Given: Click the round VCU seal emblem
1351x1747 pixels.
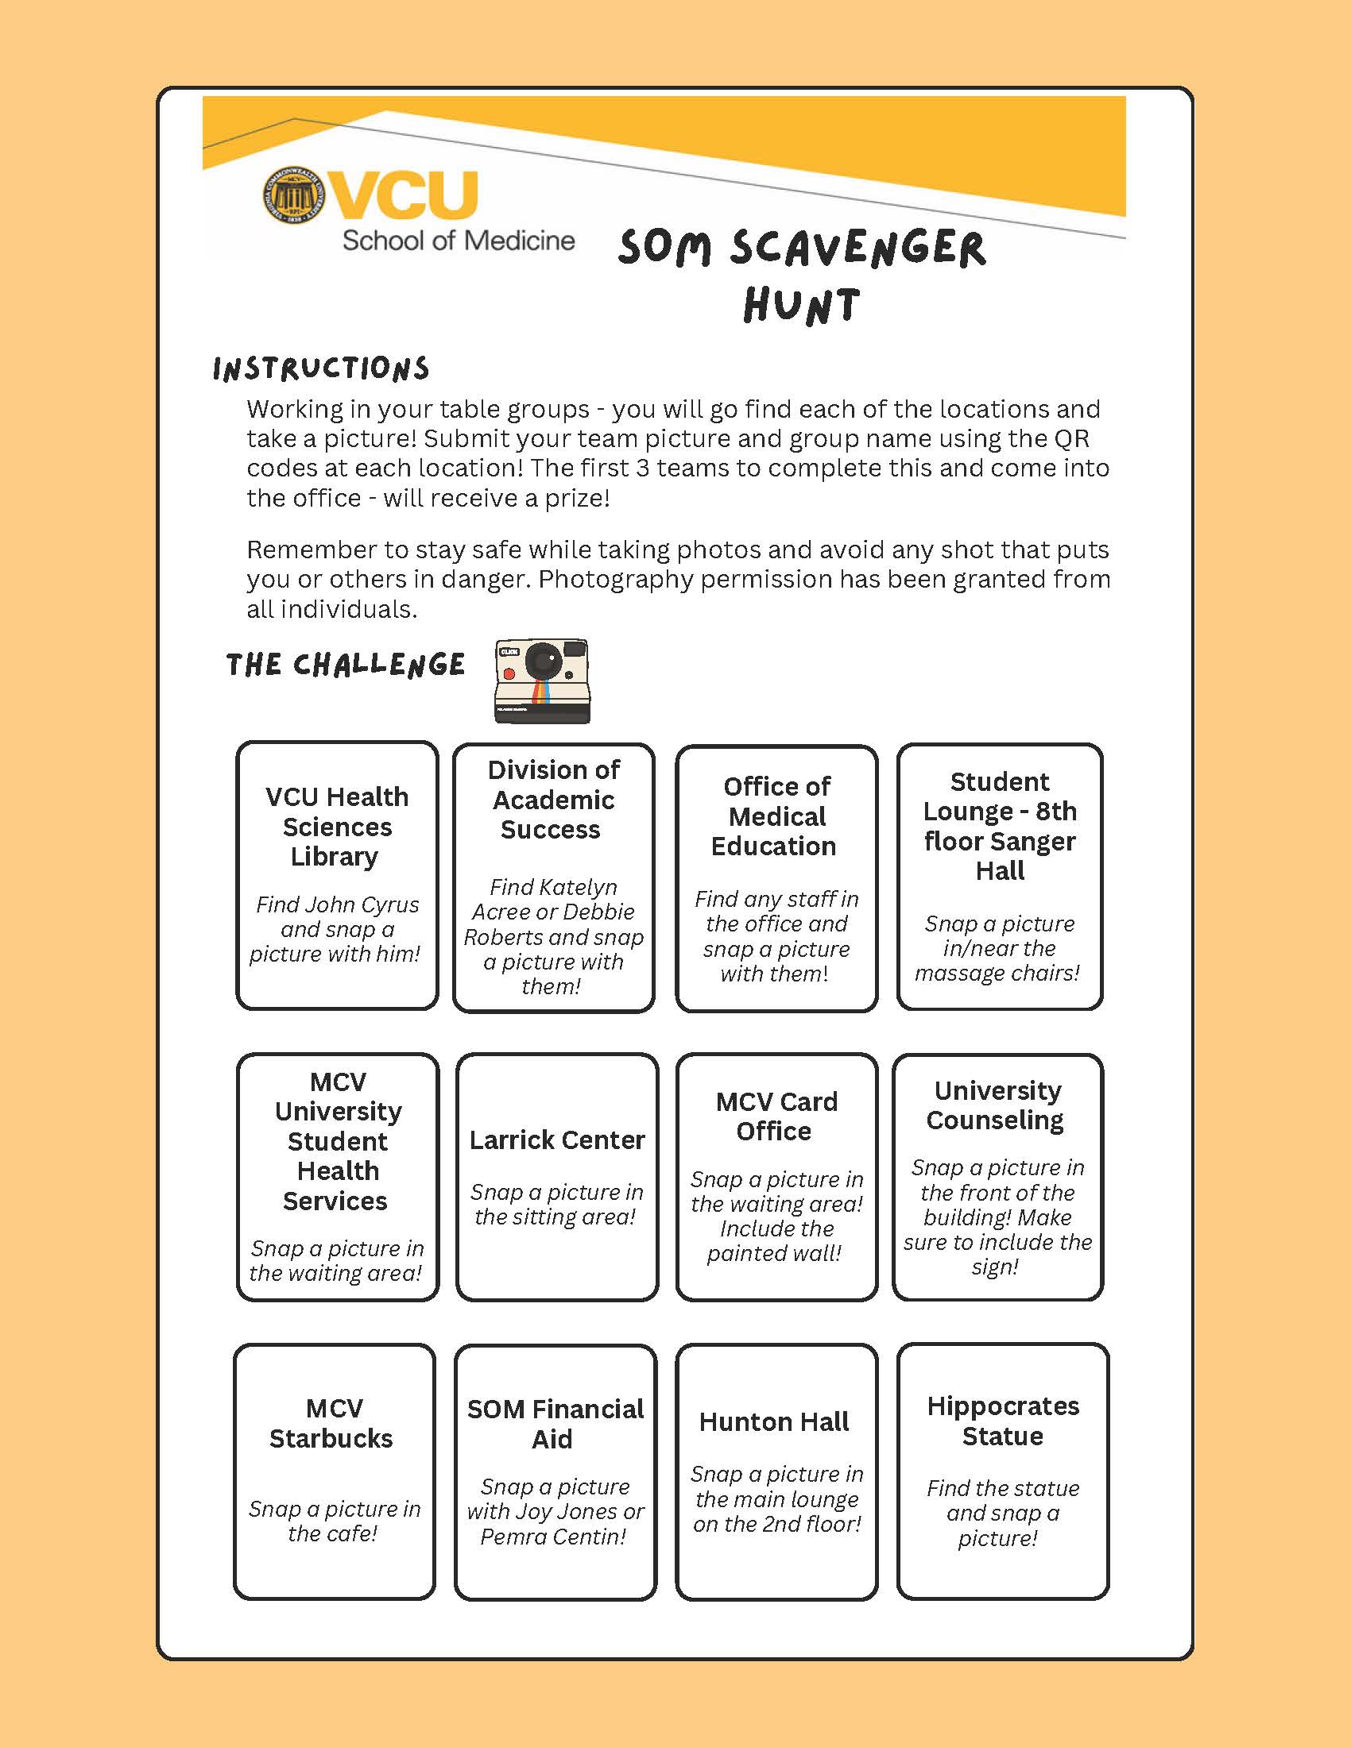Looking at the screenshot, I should tap(294, 195).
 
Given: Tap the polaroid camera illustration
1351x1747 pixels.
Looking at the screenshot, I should tap(542, 681).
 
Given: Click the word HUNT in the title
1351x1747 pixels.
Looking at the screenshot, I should tap(801, 306).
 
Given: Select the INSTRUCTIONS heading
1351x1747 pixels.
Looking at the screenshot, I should tap(321, 368).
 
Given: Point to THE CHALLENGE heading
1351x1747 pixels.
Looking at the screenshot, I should tap(345, 665).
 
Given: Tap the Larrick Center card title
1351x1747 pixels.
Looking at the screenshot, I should tap(557, 1139).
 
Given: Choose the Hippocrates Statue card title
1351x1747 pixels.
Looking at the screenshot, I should tap(1003, 1421).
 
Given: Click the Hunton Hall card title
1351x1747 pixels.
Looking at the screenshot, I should tap(774, 1421).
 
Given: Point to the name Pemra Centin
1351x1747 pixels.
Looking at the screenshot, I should tap(552, 1536).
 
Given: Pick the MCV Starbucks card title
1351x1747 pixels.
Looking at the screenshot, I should tap(333, 1423).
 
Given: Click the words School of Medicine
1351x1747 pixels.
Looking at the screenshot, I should tap(459, 240).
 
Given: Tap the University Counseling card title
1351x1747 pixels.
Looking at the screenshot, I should tap(997, 1105).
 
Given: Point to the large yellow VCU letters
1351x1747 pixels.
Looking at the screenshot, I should tap(405, 195).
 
